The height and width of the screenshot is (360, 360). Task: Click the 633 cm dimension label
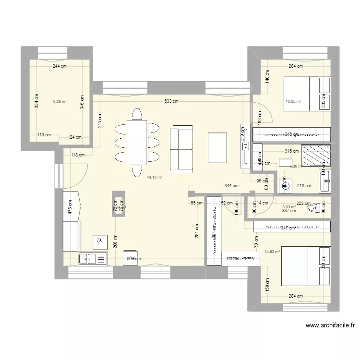[171, 101]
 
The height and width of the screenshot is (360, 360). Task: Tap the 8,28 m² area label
[60, 101]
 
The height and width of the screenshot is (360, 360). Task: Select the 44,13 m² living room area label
[154, 177]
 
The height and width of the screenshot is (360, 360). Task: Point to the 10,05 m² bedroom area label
[293, 101]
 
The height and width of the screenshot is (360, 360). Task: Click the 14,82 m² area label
[272, 251]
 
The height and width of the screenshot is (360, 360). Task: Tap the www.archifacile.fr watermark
[330, 325]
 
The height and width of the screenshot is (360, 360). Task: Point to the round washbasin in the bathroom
[284, 186]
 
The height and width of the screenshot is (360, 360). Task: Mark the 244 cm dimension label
[60, 67]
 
